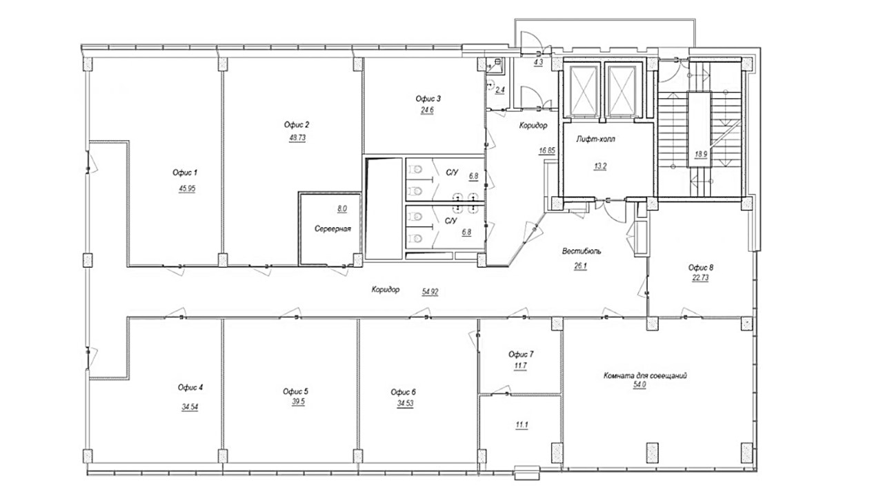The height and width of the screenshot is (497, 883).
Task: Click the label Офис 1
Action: coord(185,173)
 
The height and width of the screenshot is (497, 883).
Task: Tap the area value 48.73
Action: coord(297,138)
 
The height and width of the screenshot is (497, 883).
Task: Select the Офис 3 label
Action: coord(428,99)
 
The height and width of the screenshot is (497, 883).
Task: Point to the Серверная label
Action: coord(333,228)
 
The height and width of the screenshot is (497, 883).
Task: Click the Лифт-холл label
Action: coord(595,139)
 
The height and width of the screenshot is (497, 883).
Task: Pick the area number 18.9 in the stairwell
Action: coord(701,155)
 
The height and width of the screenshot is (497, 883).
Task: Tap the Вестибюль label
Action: coord(582,251)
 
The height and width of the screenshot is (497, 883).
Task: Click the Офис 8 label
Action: coord(701,267)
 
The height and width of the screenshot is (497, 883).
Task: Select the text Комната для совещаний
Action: coord(645,376)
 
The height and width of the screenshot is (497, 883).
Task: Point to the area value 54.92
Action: coord(430,292)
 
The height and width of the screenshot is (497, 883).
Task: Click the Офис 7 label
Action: coord(521,354)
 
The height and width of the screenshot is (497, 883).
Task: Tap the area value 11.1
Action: coord(522,425)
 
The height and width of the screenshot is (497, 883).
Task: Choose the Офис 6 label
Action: coord(404,392)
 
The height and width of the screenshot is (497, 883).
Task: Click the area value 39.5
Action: coord(298,402)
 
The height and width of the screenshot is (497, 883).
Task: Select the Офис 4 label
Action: coord(190,388)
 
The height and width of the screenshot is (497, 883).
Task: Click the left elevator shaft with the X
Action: coord(584,90)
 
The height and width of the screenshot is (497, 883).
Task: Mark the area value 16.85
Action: coord(547,150)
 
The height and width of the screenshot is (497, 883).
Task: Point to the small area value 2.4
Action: coord(500,90)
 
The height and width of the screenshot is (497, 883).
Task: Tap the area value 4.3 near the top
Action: coord(538,62)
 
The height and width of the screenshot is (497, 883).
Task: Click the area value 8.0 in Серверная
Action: coord(342,208)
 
